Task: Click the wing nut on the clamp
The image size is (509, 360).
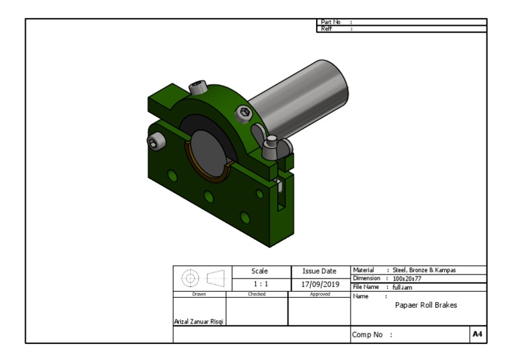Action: [x=271, y=147]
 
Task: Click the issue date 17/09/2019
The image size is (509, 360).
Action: [x=320, y=284]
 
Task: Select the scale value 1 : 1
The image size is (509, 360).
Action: [x=256, y=284]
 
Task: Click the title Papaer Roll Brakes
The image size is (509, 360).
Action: [x=425, y=306]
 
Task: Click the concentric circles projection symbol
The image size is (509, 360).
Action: [x=190, y=278]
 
